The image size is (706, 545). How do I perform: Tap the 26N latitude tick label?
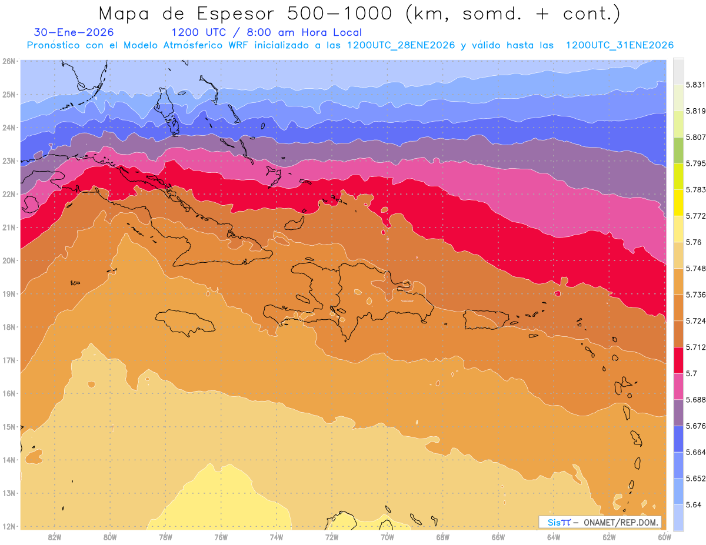tap(9, 61)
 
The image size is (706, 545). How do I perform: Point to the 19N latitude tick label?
tap(9, 294)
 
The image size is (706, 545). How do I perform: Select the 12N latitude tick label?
tap(9, 526)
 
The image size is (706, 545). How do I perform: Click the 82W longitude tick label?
tap(55, 537)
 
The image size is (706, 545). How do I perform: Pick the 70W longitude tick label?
tap(387, 537)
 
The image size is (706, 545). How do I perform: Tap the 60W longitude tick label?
tap(664, 537)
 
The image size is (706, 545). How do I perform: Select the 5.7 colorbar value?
tap(682, 373)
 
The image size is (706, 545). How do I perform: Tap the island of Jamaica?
tap(185, 323)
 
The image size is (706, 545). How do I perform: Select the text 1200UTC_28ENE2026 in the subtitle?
tap(402, 45)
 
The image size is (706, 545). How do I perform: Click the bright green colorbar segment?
tap(678, 150)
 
